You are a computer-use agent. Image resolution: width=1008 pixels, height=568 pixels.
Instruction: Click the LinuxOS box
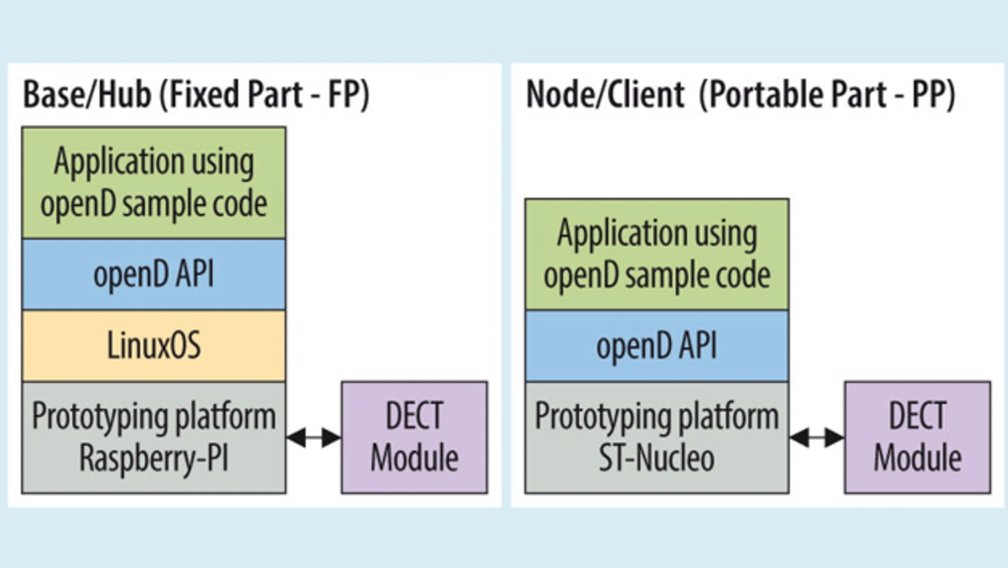(154, 346)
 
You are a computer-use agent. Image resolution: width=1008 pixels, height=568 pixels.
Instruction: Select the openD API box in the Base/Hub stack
(154, 275)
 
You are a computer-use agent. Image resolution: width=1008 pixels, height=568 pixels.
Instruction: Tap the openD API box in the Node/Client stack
(657, 346)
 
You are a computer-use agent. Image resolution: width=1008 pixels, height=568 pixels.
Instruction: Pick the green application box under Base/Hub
(154, 183)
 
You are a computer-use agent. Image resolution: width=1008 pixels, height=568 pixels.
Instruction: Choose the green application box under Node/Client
(657, 254)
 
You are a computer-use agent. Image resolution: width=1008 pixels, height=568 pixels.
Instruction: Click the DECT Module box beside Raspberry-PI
(414, 437)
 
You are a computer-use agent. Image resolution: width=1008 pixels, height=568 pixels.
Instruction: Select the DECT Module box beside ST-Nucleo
(917, 437)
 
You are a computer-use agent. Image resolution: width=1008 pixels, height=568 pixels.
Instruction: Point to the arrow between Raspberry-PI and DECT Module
(313, 437)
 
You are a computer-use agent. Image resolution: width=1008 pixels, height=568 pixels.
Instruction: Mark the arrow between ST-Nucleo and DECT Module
(817, 437)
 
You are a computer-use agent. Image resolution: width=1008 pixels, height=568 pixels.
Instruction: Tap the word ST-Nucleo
(657, 458)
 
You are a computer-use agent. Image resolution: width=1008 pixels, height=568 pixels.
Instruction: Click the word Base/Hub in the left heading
(87, 95)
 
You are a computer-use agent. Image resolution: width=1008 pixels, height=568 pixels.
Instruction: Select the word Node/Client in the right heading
(606, 95)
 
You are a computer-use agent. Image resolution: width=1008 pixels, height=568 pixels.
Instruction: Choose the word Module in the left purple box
(414, 458)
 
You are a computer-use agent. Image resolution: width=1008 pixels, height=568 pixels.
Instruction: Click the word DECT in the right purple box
(917, 416)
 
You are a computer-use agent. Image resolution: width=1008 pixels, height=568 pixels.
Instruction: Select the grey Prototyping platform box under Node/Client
(657, 437)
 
